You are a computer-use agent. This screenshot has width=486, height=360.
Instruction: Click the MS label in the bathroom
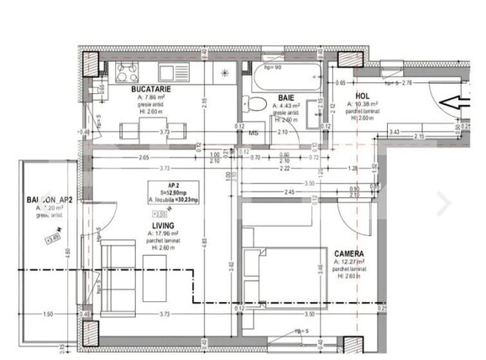(x=253, y=132)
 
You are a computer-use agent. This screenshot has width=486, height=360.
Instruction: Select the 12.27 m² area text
(x=348, y=262)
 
